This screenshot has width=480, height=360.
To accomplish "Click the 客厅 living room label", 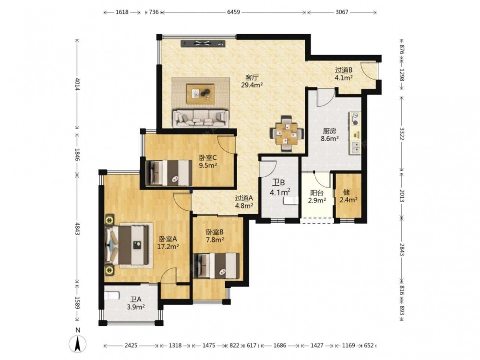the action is pos(251,78).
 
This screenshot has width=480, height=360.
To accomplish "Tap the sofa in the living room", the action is pos(201,119).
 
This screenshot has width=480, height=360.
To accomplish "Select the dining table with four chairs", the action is pos(287,134).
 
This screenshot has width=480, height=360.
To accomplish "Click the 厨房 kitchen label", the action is pos(330,131).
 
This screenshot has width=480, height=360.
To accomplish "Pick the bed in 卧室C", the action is pos(169,173).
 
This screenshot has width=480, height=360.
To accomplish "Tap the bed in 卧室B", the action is pos(216,266).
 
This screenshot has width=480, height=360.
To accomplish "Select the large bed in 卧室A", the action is pos(129,245).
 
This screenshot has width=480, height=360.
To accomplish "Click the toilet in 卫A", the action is pos(111,296).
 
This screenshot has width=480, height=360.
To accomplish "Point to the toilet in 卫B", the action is pos(291,201).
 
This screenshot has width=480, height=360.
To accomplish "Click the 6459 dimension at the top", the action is pos(233,12).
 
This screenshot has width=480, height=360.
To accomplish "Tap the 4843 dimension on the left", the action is pos(77,228).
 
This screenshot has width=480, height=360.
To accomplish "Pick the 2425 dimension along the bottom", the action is pos(131,346).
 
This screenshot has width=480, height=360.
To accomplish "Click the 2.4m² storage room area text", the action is pos(348,200).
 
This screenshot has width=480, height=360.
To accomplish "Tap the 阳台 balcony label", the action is pos(317,193).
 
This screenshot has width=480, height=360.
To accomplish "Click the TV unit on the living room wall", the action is pos(203,44).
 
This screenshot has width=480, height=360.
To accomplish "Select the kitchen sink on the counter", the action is pos(355,147).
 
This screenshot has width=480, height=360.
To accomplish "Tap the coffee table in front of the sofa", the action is pos(201,92).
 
